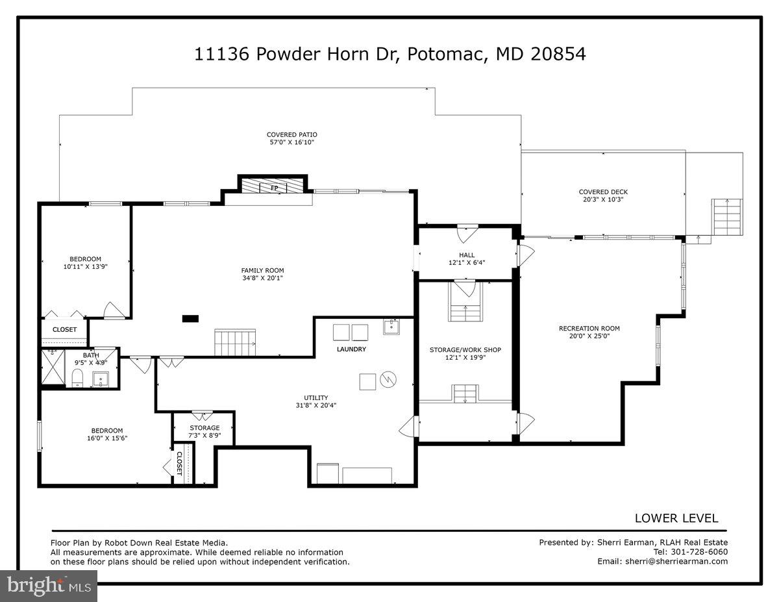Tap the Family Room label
[262, 270]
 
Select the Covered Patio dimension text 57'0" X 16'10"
[292, 142]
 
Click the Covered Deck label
[603, 192]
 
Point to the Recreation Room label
[589, 328]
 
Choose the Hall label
[467, 255]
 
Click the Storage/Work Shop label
[465, 349]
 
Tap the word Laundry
[351, 349]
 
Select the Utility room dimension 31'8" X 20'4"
[316, 405]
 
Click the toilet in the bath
[77, 378]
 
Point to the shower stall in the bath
[53, 367]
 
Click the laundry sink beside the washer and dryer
[391, 326]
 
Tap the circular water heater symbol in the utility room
[388, 379]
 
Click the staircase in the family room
[235, 342]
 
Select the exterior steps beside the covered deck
[726, 216]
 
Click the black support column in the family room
[190, 318]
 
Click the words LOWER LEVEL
[676, 518]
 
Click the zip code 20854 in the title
[558, 54]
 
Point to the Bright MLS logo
[49, 586]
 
